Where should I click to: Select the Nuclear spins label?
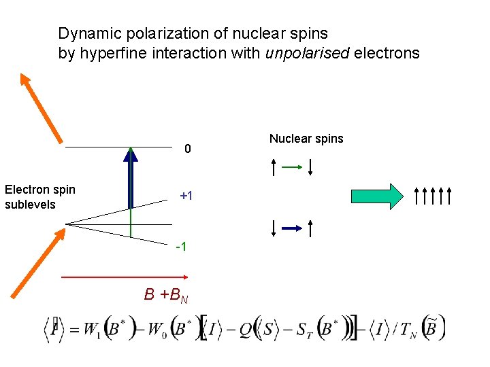(x=306, y=139)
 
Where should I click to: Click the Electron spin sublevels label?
(x=39, y=197)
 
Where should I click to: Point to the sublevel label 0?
(x=188, y=150)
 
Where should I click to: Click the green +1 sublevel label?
(x=186, y=196)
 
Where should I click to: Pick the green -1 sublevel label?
(x=181, y=246)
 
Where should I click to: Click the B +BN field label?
(x=166, y=296)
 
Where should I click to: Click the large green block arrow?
(x=377, y=196)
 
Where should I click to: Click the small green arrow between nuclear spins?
(x=291, y=166)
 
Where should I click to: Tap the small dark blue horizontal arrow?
(x=291, y=229)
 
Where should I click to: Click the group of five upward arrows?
(x=432, y=196)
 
